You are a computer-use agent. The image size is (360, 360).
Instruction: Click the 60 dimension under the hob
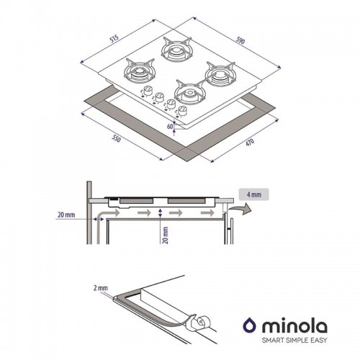pyautogui.click(x=171, y=127)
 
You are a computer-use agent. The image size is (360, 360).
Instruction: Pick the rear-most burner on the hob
pyautogui.click(x=175, y=49)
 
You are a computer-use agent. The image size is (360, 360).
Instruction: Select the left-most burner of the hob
pyautogui.click(x=140, y=71)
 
